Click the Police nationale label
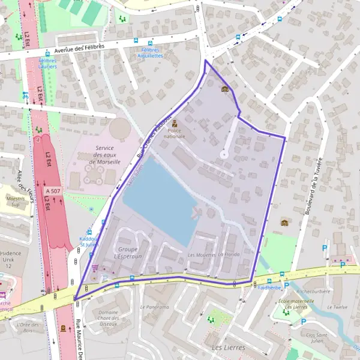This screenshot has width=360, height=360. (x=175, y=133)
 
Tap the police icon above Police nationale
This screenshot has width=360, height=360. (x=175, y=123)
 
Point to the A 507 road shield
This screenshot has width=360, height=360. (x=52, y=191)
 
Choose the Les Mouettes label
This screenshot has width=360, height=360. (x=201, y=255)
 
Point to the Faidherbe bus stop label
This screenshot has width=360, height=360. (x=269, y=287)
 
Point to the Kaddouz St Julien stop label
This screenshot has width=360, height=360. (x=89, y=242)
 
